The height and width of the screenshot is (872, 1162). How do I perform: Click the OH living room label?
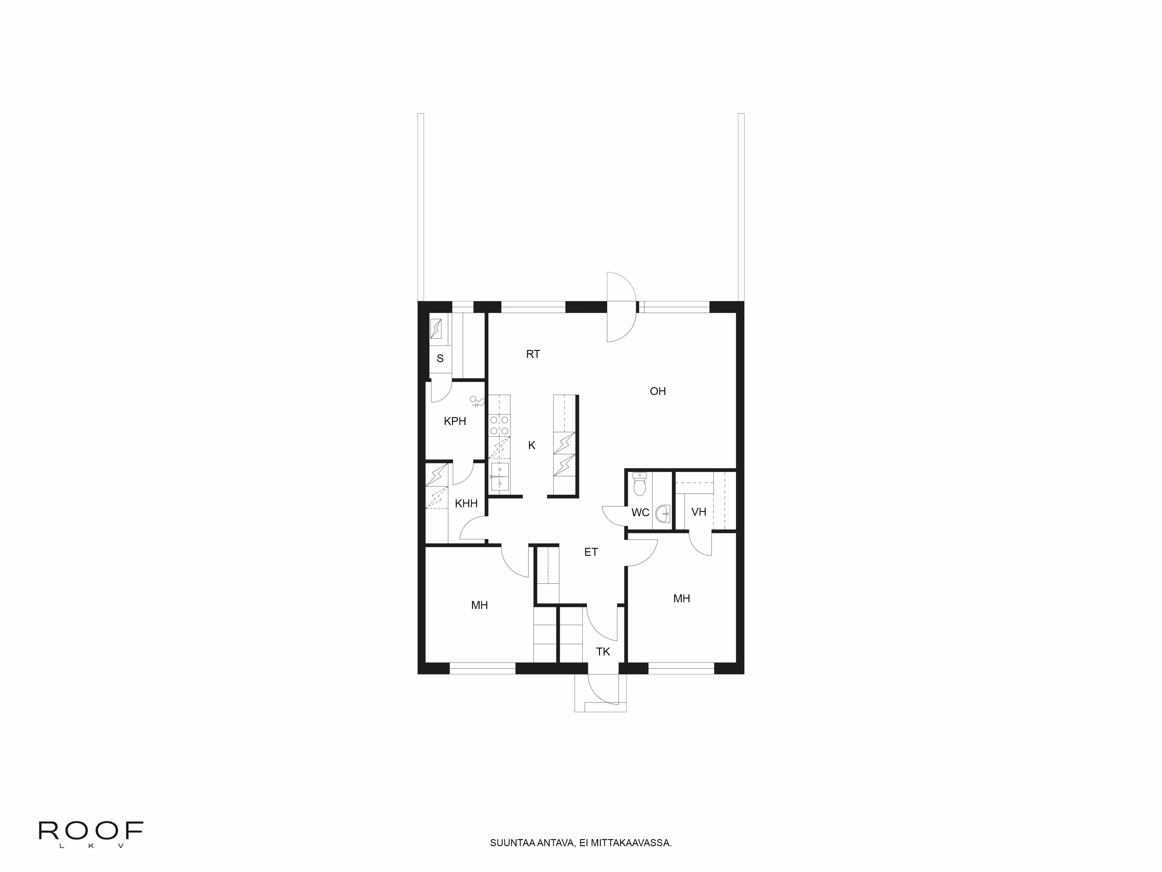coord(658,391)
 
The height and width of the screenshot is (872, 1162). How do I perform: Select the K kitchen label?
coord(532,445)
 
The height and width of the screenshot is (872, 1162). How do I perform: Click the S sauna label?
coord(440,358)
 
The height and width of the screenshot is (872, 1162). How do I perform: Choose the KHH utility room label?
coord(466,503)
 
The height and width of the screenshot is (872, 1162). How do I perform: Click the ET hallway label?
coord(591,552)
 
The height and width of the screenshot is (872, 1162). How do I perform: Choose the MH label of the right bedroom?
coord(681,598)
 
